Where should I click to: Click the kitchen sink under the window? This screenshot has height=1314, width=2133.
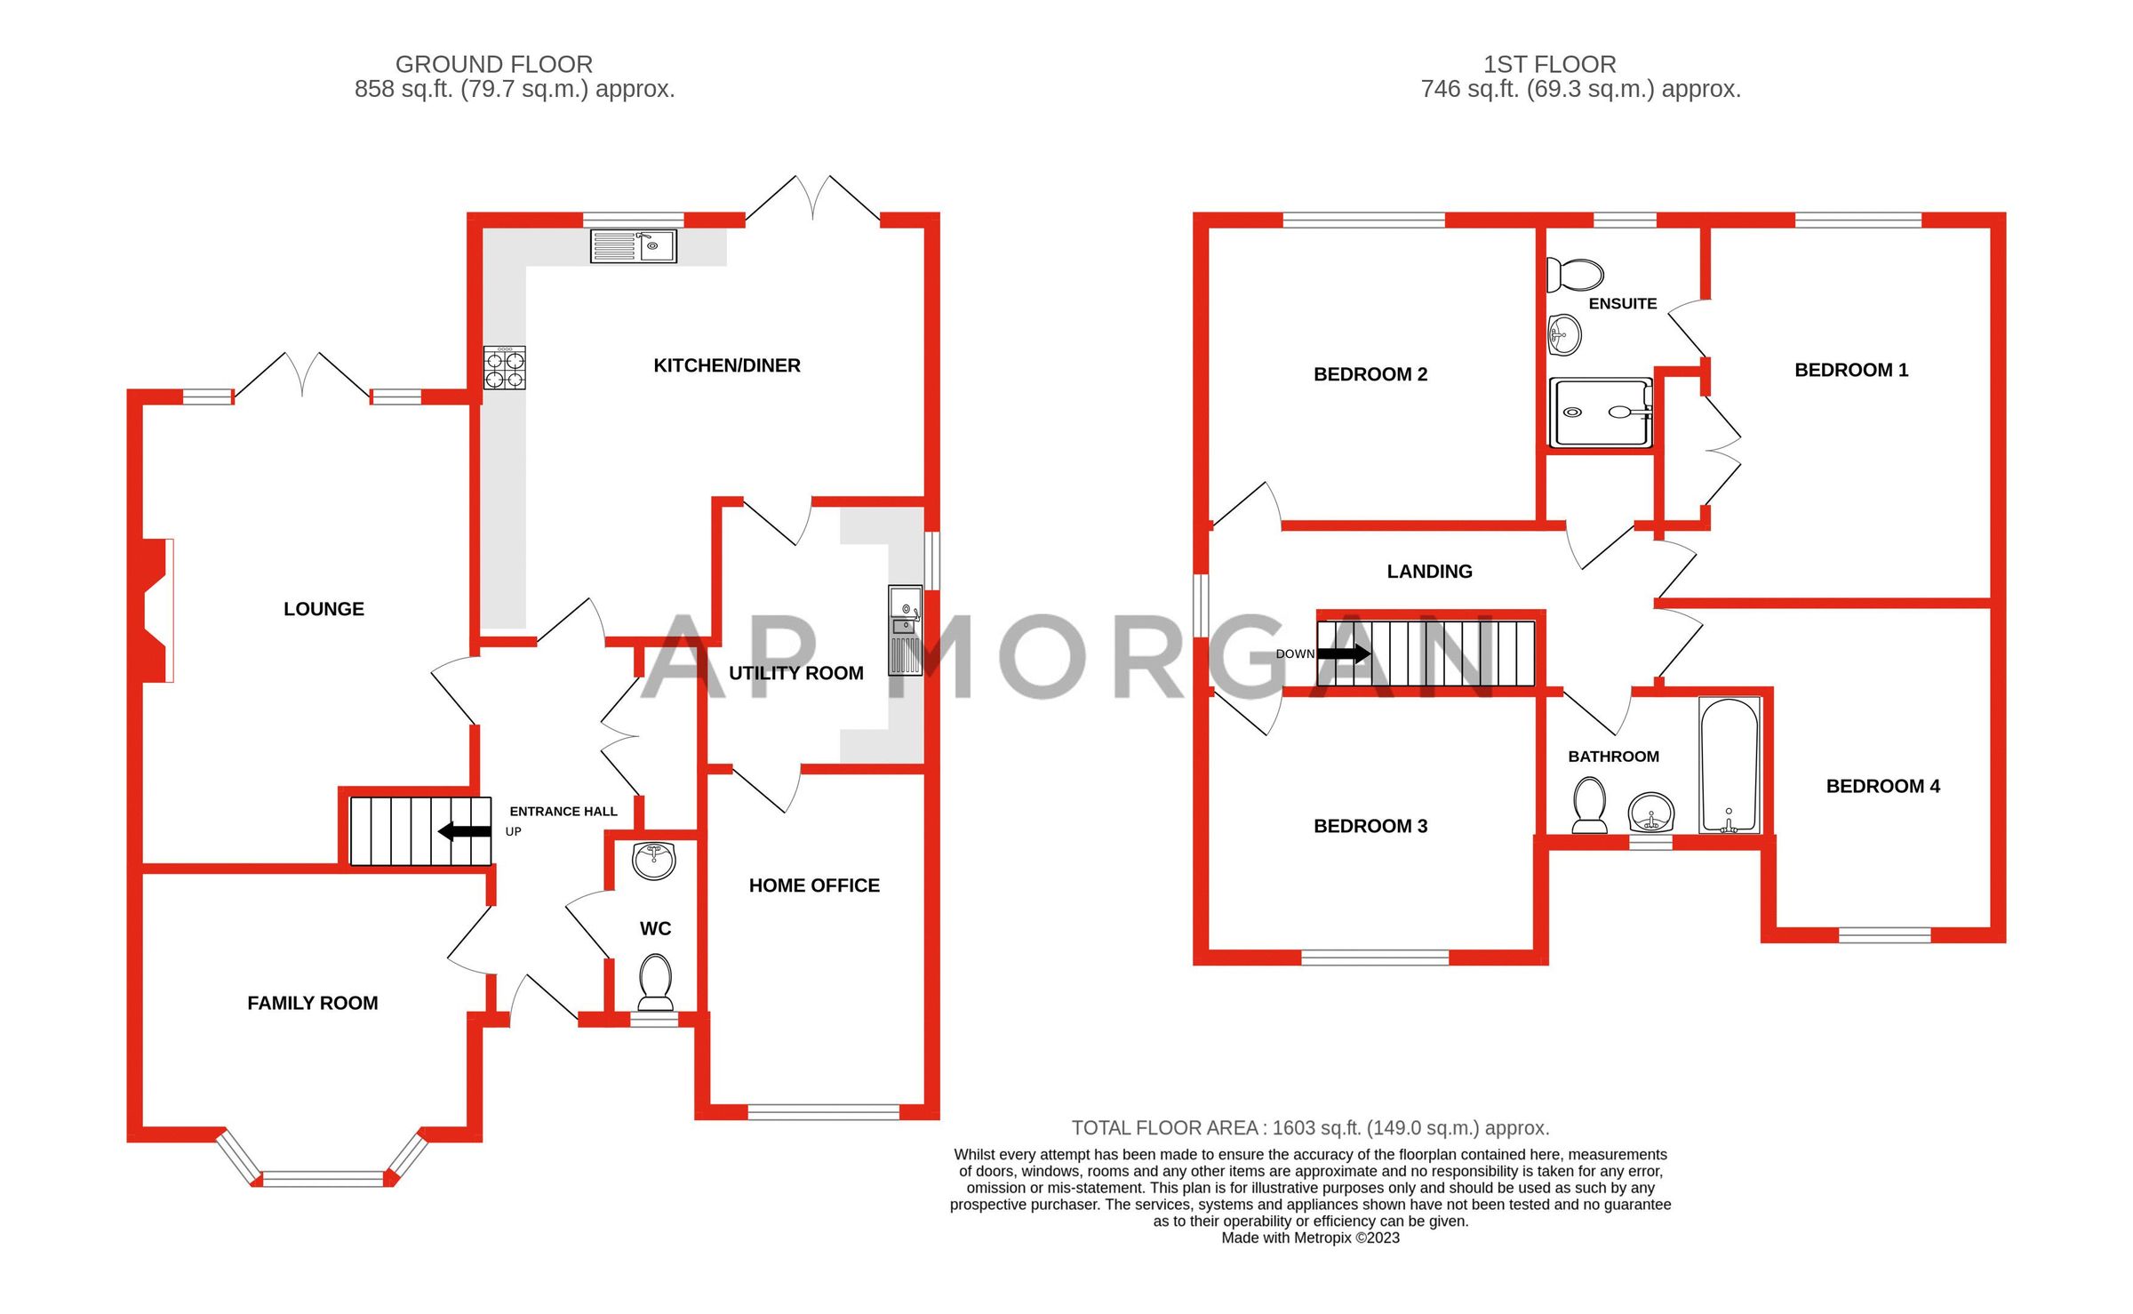pos(633,245)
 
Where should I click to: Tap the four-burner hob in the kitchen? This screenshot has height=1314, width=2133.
pos(504,368)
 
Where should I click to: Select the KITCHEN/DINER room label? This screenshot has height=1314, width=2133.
pos(726,365)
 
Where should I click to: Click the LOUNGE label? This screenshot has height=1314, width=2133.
pos(324,609)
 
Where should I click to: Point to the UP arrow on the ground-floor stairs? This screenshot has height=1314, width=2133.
pos(465,831)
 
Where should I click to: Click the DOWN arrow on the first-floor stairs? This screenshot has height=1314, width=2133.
pos(1343,653)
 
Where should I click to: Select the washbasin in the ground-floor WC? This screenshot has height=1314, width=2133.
pos(654,860)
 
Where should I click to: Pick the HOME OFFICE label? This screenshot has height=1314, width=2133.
pos(814,885)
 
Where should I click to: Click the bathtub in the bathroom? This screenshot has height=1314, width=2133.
pos(1729,765)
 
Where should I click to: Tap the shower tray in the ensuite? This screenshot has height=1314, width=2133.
pos(1600,413)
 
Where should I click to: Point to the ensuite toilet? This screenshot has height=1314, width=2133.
pos(1575,274)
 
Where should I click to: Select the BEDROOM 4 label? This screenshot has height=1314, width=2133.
pos(1882,786)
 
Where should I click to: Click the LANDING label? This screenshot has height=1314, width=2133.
pos(1429,572)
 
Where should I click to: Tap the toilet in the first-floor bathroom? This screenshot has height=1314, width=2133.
pos(1589,804)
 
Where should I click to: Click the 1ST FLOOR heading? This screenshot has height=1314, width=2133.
pos(1549,64)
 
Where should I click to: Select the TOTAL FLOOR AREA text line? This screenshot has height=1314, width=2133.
pos(1310,1128)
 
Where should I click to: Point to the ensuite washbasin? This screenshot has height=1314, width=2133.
pos(1564,335)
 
